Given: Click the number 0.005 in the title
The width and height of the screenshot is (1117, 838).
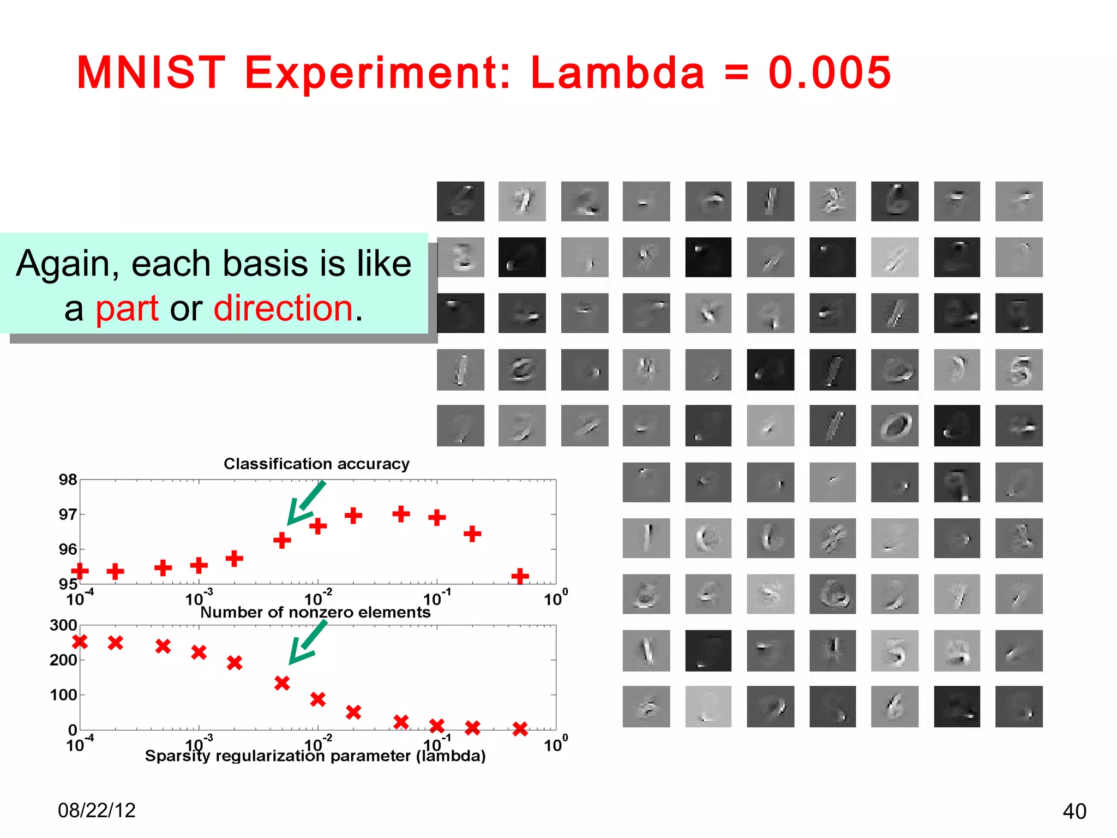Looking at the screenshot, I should [829, 73].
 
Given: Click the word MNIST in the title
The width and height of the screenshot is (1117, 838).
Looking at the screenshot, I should [151, 73].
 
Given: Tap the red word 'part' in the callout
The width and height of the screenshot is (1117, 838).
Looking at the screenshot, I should [127, 309].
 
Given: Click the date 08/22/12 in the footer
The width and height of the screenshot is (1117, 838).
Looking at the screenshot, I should [97, 811].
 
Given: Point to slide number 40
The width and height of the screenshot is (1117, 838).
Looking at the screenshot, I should [1074, 812].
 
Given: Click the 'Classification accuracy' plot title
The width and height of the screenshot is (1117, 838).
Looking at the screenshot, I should [316, 464].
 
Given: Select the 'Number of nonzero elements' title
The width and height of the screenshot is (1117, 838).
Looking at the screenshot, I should [315, 612].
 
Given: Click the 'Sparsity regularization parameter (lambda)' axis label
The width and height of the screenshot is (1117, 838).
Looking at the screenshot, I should [315, 756].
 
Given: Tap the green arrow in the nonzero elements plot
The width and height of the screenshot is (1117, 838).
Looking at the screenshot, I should [307, 644].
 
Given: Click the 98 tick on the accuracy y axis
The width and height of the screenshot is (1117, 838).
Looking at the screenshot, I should [68, 480].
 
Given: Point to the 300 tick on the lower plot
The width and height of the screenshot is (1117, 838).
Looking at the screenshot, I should [63, 625].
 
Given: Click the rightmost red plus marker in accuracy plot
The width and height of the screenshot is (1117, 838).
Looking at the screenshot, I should [520, 576].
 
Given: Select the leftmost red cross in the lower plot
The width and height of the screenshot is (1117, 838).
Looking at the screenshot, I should [80, 642].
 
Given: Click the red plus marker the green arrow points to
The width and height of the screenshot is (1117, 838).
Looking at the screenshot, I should [282, 540].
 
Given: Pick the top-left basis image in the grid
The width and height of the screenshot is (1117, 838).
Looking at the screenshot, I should [460, 201].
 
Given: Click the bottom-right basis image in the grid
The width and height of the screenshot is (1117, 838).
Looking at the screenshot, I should [1018, 707].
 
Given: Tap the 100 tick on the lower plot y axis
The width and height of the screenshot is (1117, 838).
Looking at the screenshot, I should [63, 695].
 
